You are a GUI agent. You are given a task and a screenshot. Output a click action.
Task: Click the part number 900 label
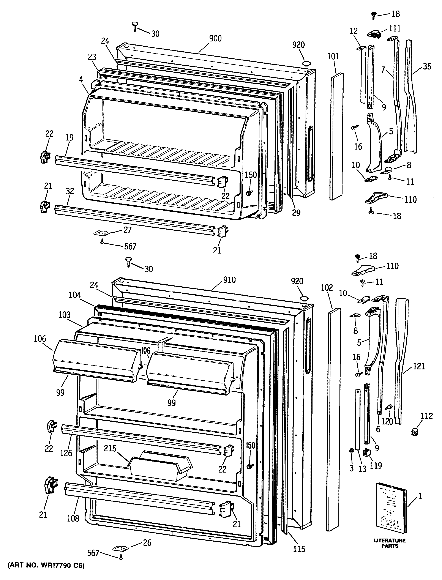(215, 39)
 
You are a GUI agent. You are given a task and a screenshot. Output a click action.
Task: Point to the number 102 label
(327, 288)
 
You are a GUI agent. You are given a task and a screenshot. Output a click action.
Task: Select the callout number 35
(427, 66)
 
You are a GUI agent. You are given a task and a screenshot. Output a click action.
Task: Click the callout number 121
(419, 366)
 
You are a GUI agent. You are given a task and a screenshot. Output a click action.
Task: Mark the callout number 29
(296, 213)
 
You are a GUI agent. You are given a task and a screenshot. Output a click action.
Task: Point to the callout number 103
(65, 315)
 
